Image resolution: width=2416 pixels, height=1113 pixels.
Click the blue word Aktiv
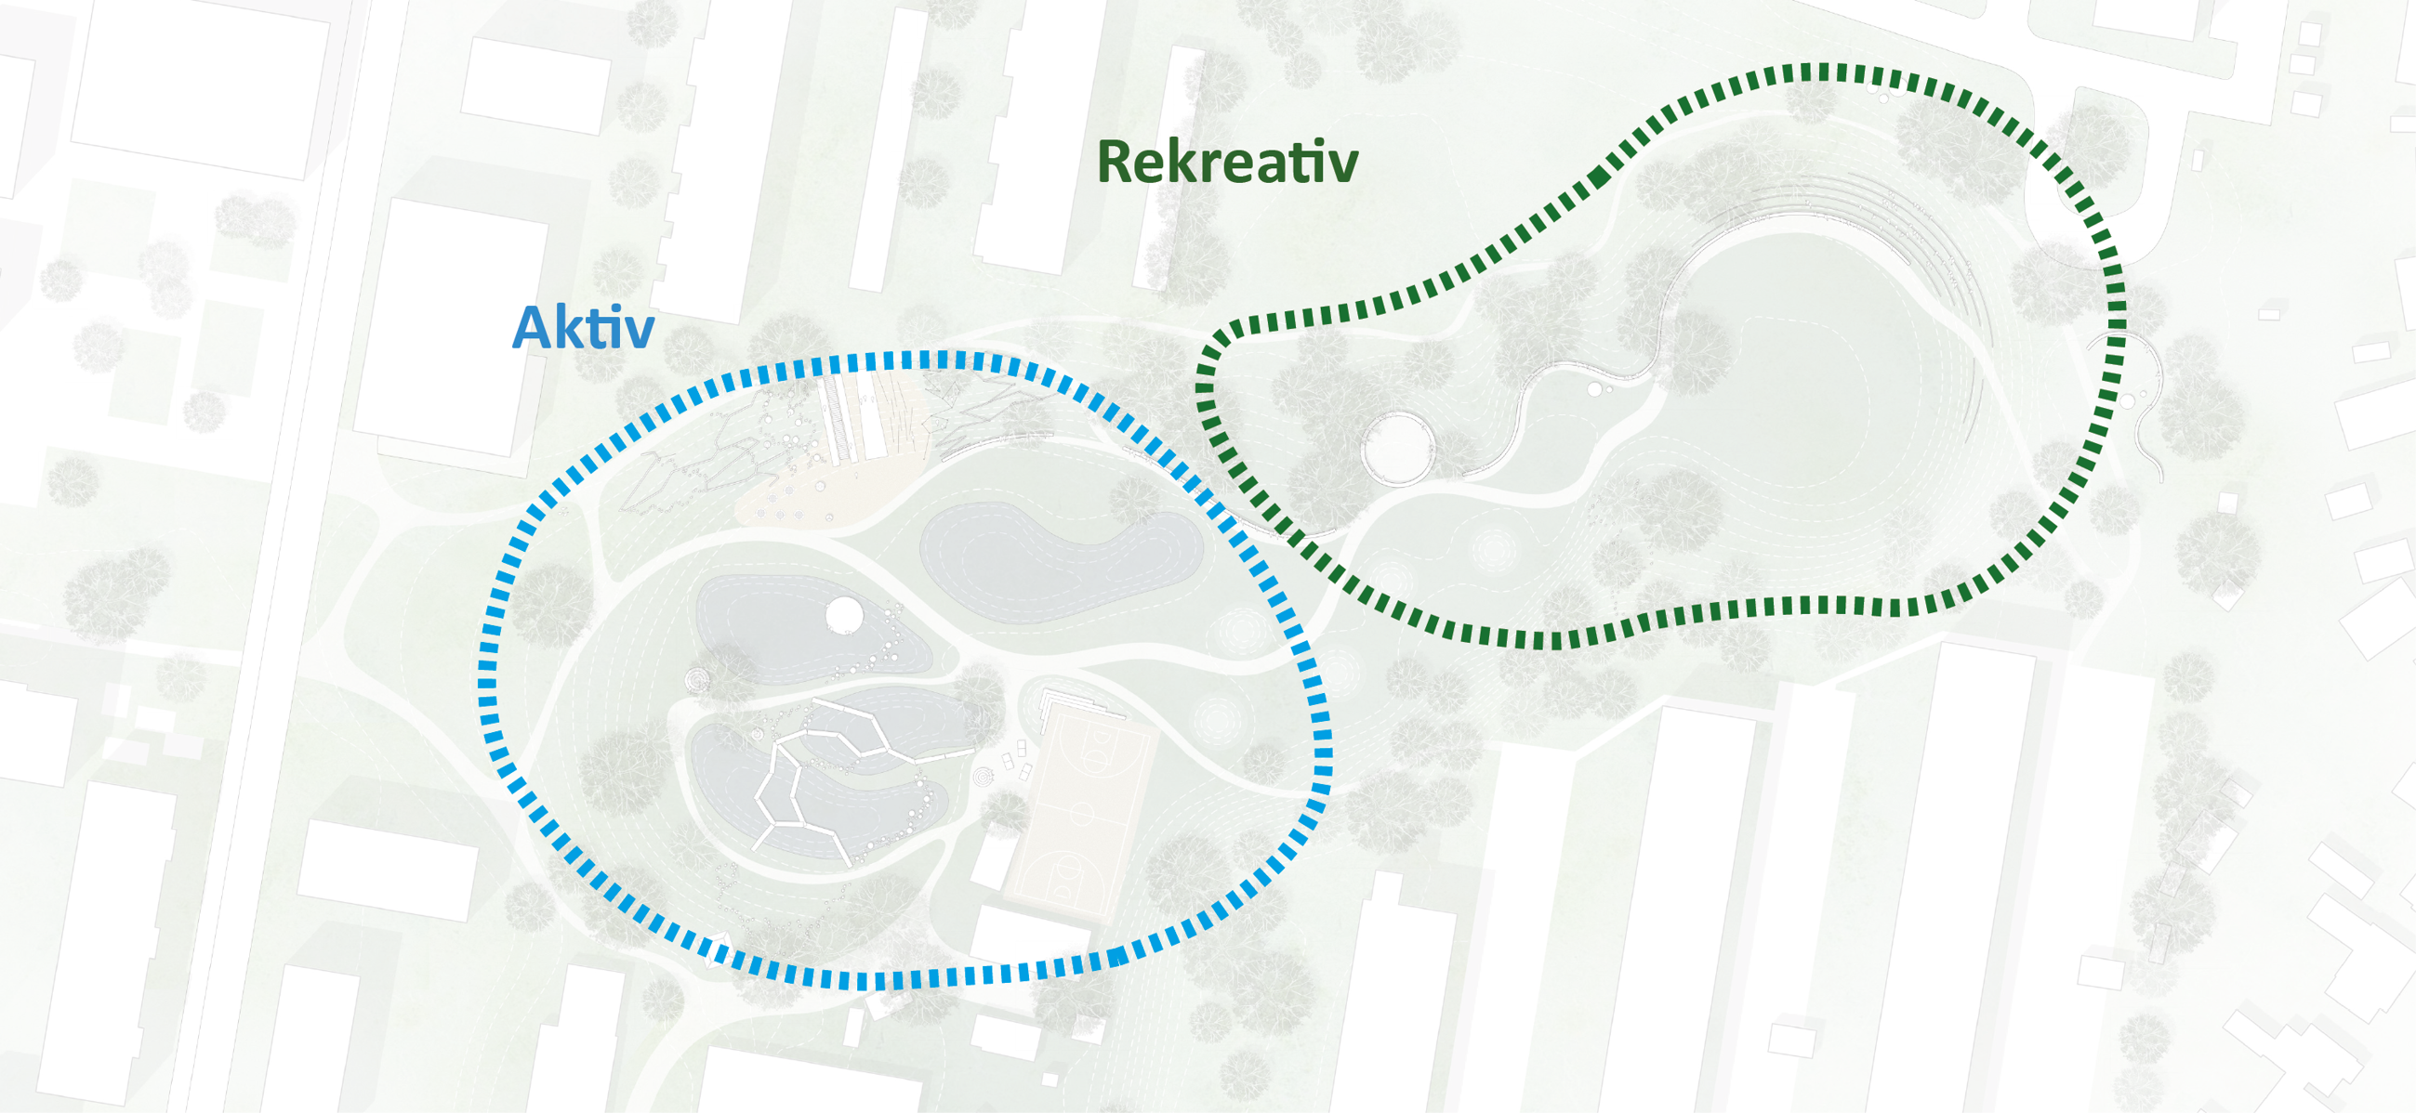pyautogui.click(x=583, y=328)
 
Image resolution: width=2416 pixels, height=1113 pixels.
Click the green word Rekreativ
pyautogui.click(x=1227, y=163)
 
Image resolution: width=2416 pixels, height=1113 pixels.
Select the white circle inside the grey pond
pyautogui.click(x=844, y=615)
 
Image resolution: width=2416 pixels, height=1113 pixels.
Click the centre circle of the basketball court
pyautogui.click(x=1081, y=812)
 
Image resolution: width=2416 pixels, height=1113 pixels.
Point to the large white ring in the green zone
pyautogui.click(x=1397, y=447)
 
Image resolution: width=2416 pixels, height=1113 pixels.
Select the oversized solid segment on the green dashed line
pyautogui.click(x=1599, y=177)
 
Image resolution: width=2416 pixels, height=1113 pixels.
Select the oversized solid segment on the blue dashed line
pyautogui.click(x=1117, y=956)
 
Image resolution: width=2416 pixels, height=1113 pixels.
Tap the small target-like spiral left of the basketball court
pyautogui.click(x=982, y=777)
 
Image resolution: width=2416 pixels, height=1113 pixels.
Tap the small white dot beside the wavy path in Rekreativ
pyautogui.click(x=1594, y=388)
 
